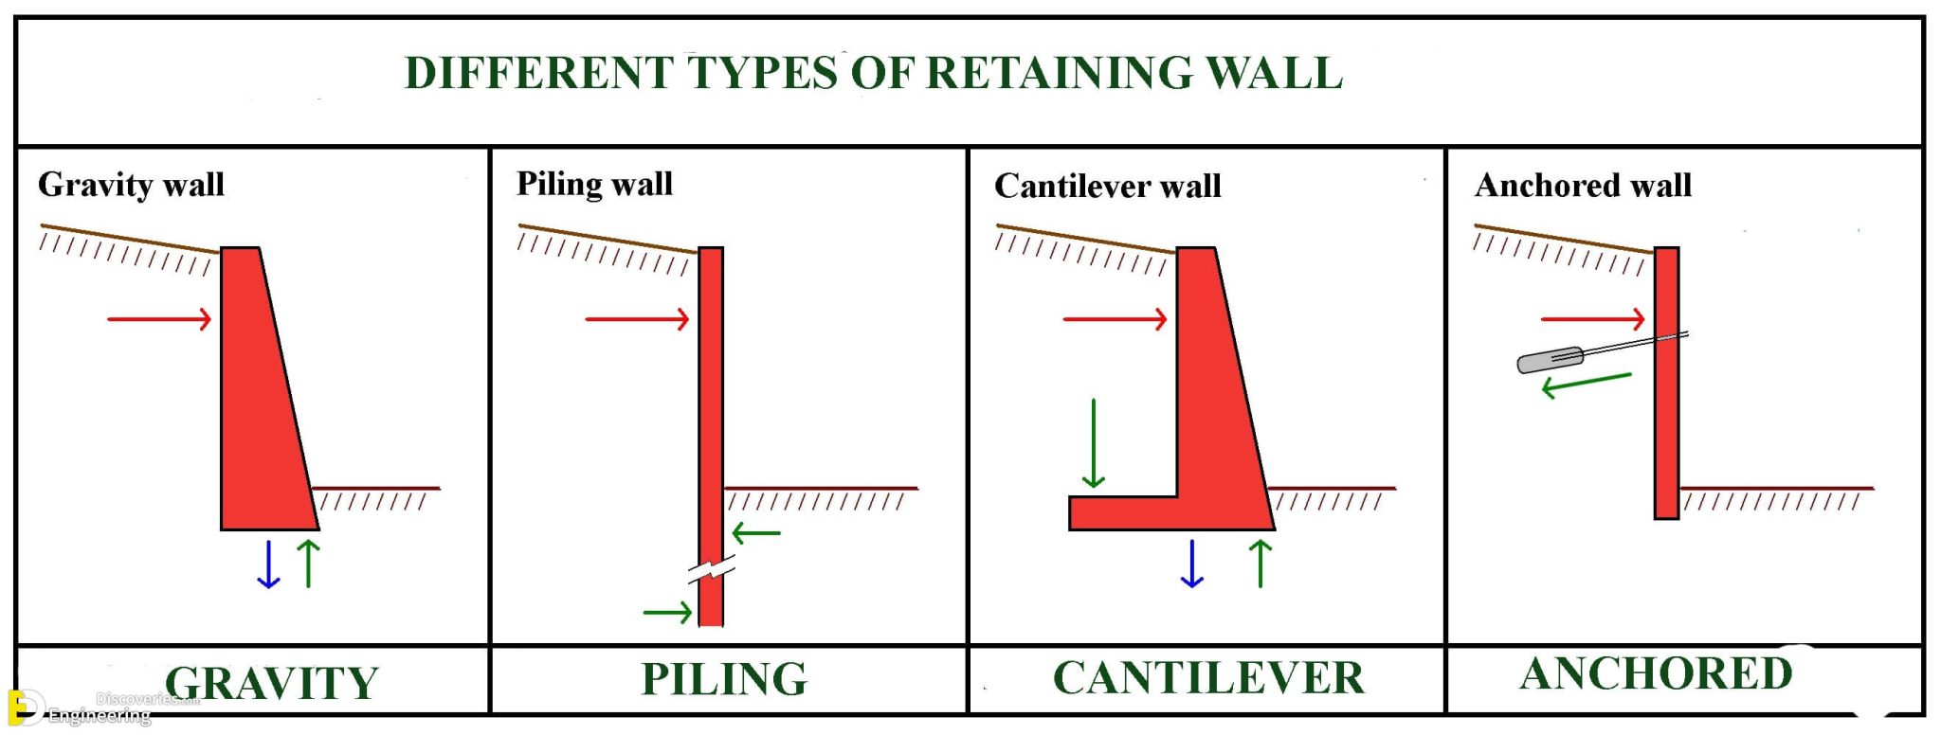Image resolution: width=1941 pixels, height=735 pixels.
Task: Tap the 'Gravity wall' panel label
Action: (x=131, y=184)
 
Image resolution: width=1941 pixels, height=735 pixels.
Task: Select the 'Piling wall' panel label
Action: (x=594, y=184)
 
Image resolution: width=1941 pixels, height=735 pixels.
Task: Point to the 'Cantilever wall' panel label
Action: (x=1107, y=186)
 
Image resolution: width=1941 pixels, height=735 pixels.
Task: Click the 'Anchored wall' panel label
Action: (x=1583, y=185)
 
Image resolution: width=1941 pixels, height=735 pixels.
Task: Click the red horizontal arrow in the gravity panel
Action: (x=159, y=319)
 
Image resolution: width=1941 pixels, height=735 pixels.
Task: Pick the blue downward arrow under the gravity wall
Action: (x=268, y=565)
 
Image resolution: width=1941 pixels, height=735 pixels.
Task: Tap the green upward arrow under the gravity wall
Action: (x=309, y=565)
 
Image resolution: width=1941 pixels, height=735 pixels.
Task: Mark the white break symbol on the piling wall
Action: (x=711, y=571)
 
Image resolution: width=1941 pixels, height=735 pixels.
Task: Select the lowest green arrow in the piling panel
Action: (x=667, y=613)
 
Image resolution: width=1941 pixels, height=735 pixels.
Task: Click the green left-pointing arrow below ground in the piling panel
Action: (x=756, y=533)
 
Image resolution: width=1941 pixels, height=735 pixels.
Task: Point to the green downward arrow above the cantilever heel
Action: (x=1094, y=443)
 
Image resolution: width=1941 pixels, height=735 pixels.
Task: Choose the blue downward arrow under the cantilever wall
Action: (x=1192, y=565)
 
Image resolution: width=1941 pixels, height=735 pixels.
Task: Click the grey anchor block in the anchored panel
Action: (x=1550, y=360)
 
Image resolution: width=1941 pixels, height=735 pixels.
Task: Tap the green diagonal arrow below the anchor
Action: (x=1587, y=383)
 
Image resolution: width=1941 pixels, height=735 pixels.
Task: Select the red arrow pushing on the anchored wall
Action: (x=1592, y=319)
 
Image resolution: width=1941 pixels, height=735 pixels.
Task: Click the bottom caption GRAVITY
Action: (x=271, y=683)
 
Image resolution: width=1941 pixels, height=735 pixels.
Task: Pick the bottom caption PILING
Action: (x=724, y=679)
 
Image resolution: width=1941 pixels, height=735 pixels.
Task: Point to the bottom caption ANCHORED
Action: (x=1656, y=674)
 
